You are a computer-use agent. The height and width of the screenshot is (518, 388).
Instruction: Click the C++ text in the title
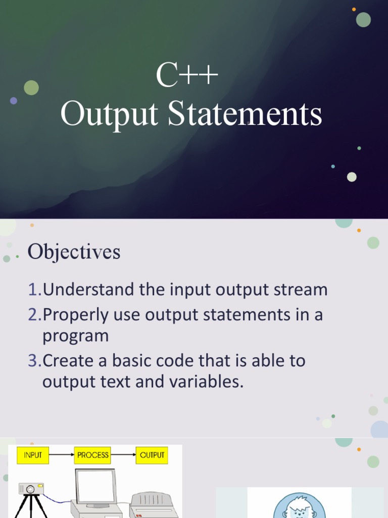click(187, 76)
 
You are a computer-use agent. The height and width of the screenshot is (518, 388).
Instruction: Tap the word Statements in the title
click(245, 115)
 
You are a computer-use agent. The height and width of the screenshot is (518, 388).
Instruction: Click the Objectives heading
click(74, 251)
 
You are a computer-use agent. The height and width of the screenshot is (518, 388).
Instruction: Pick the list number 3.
click(33, 361)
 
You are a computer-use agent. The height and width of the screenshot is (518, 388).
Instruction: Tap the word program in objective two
click(75, 336)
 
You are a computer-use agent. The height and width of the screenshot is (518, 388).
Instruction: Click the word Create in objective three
click(70, 361)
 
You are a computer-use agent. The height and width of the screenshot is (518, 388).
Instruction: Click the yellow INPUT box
click(33, 455)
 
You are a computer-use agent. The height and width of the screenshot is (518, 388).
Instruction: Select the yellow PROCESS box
click(92, 455)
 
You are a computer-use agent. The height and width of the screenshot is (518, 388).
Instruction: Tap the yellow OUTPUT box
click(152, 455)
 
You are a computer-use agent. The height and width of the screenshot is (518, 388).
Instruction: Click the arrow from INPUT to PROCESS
click(62, 455)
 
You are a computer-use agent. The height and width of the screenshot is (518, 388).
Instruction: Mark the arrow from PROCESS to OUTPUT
click(123, 455)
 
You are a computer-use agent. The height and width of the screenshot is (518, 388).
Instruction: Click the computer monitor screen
click(95, 486)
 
